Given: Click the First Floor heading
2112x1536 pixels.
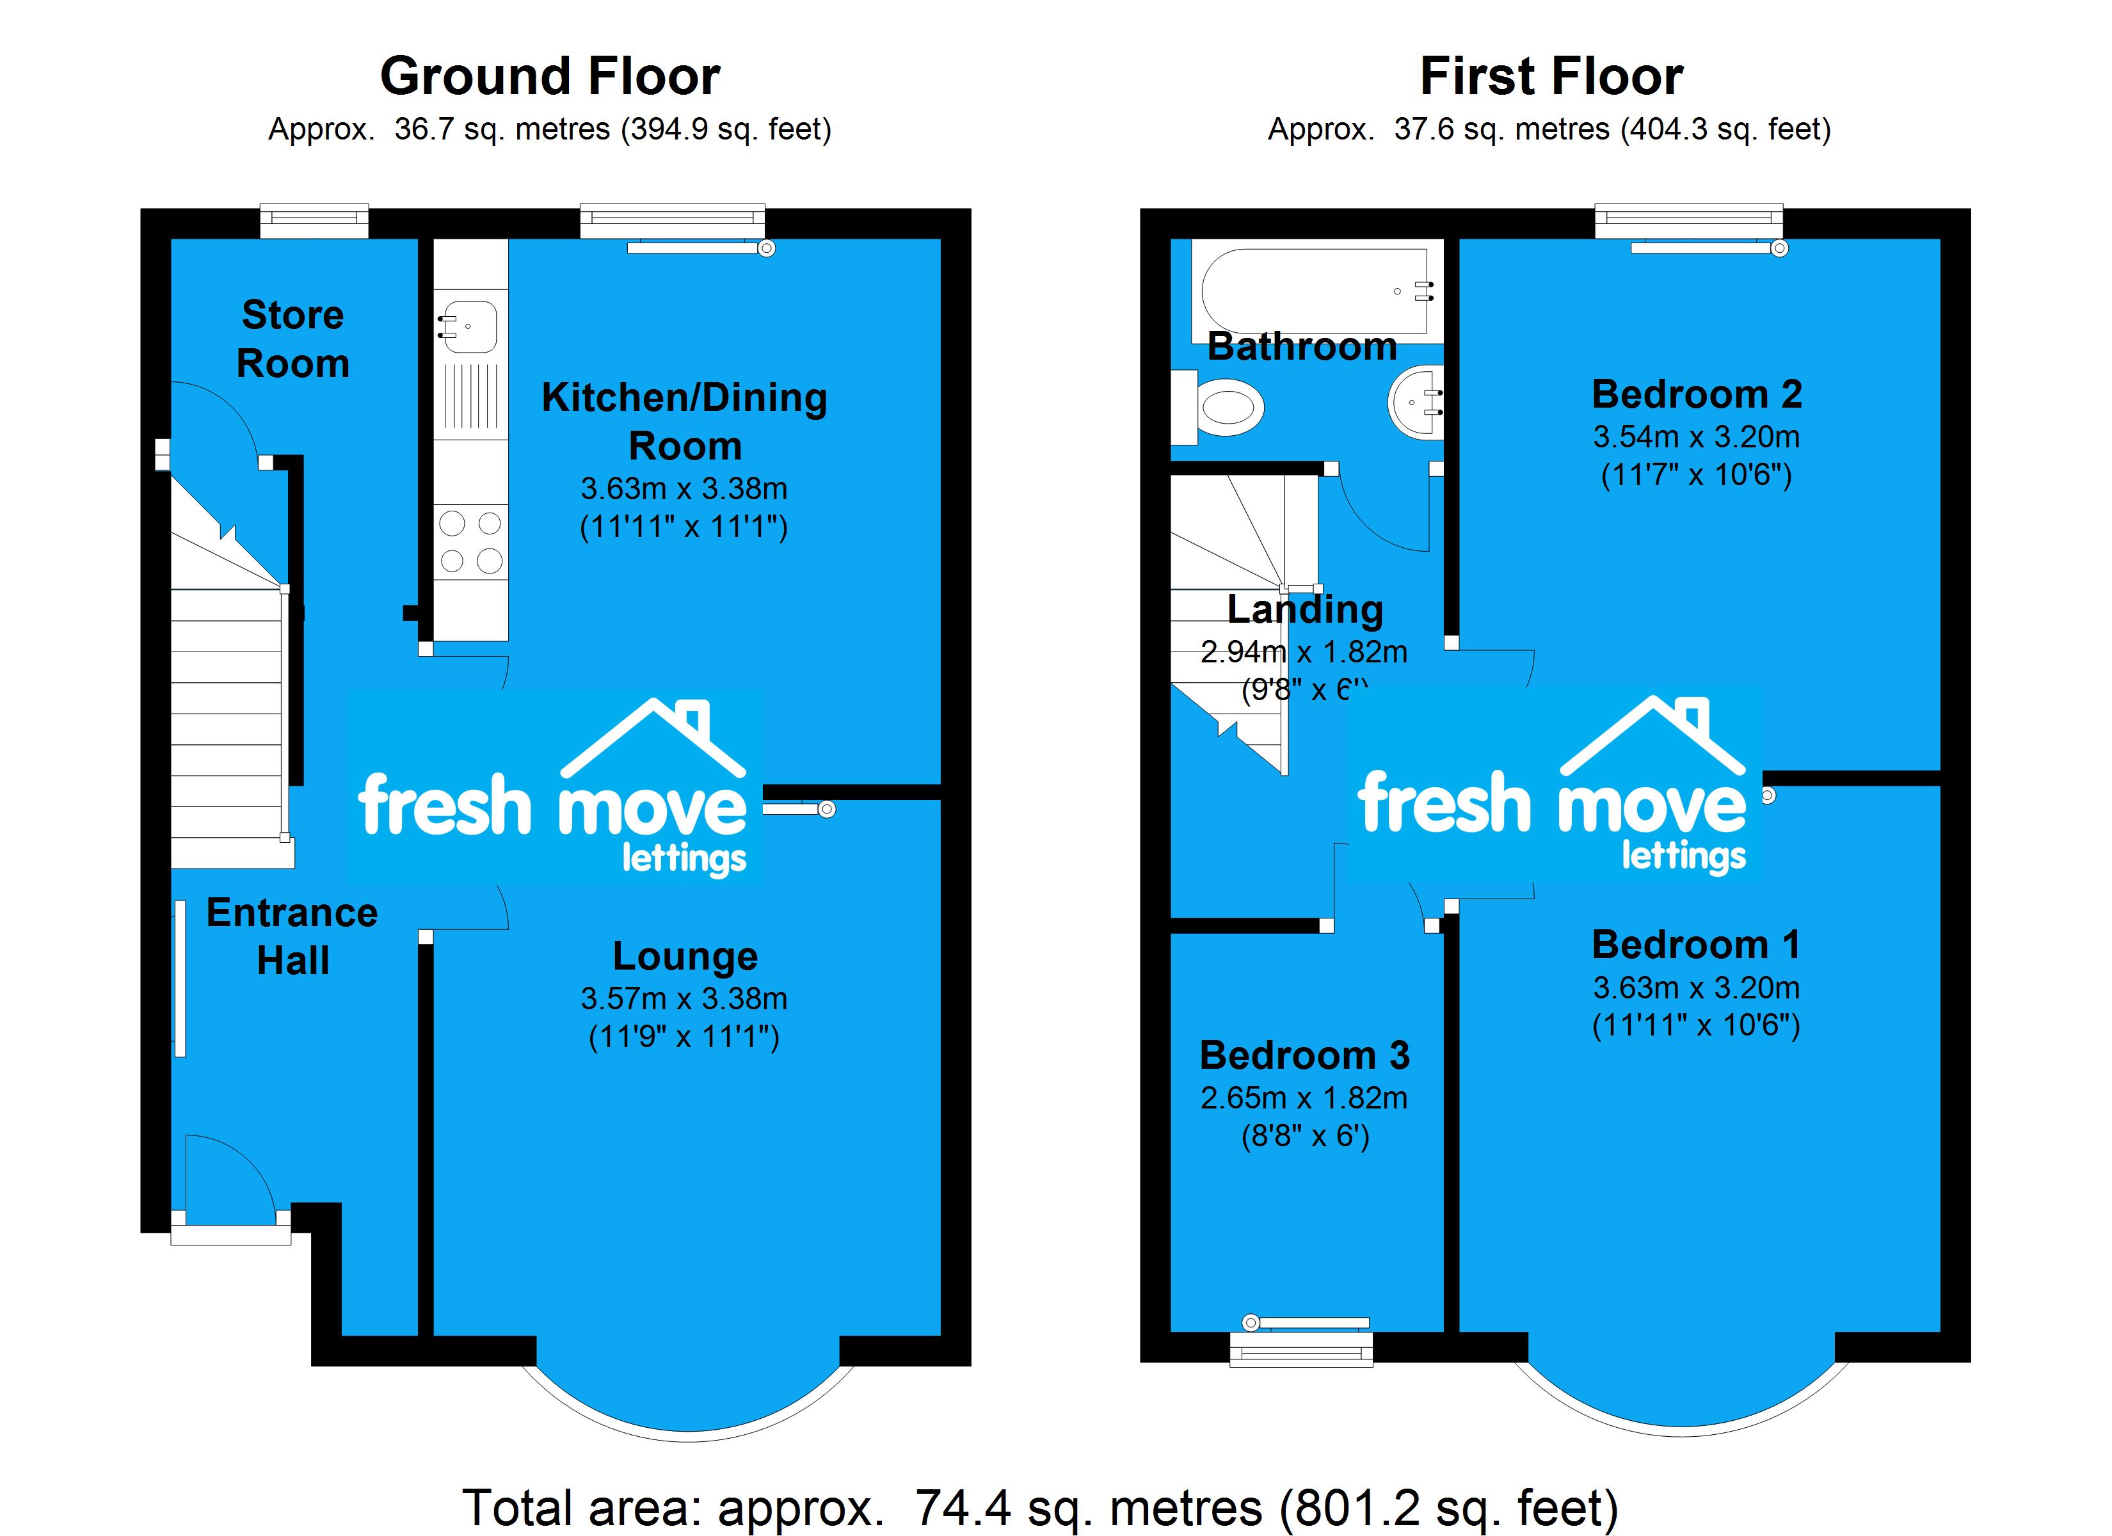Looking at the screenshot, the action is [x=1551, y=76].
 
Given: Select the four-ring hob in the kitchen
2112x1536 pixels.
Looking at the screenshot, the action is [x=470, y=541].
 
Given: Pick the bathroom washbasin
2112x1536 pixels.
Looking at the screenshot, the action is [x=1416, y=403].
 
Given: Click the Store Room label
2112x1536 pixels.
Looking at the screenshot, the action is [x=292, y=339].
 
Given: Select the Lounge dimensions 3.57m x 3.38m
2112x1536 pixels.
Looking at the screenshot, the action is [x=684, y=998].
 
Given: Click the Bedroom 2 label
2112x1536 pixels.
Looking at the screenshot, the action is [x=1697, y=394].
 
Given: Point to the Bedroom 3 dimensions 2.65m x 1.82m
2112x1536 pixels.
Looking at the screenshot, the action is [x=1304, y=1098].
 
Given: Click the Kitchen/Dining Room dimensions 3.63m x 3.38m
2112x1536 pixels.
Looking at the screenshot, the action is [x=684, y=488].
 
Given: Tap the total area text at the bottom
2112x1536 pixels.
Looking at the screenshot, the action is [x=1040, y=1506].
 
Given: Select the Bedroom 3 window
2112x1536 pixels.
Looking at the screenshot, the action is [x=1301, y=1348].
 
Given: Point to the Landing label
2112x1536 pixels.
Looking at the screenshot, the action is [x=1304, y=609].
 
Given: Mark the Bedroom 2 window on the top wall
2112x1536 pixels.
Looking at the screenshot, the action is [x=1688, y=220].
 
